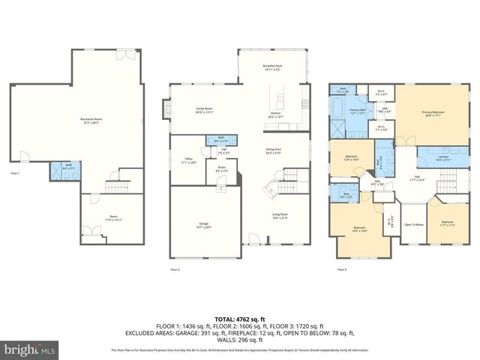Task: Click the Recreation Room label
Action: pyautogui.click(x=91, y=121)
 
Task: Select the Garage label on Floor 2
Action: pyautogui.click(x=203, y=224)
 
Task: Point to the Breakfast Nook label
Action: pyautogui.click(x=272, y=67)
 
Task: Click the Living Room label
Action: pyautogui.click(x=280, y=217)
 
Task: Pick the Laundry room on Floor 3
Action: pyautogui.click(x=432, y=157)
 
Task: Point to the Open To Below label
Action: pyautogui.click(x=413, y=224)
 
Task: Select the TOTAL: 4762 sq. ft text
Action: pyautogui.click(x=240, y=319)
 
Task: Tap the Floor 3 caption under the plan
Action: pyautogui.click(x=341, y=268)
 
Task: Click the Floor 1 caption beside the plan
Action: pyautogui.click(x=15, y=173)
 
